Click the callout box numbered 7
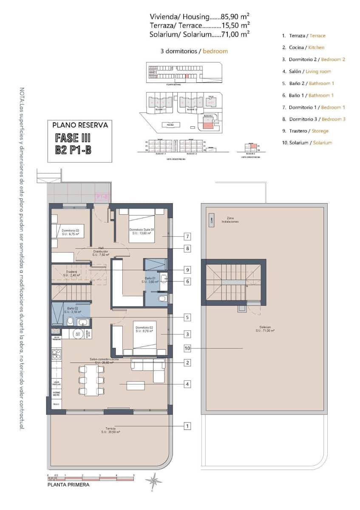187,236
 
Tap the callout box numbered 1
187,425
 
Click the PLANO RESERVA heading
80,125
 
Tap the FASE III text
73,138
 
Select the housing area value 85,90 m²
230,17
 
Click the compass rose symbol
153,482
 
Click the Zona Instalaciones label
232,220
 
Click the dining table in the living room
91,380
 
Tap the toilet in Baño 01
162,299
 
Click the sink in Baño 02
82,322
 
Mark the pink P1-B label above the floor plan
102,197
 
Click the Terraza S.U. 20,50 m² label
111,430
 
